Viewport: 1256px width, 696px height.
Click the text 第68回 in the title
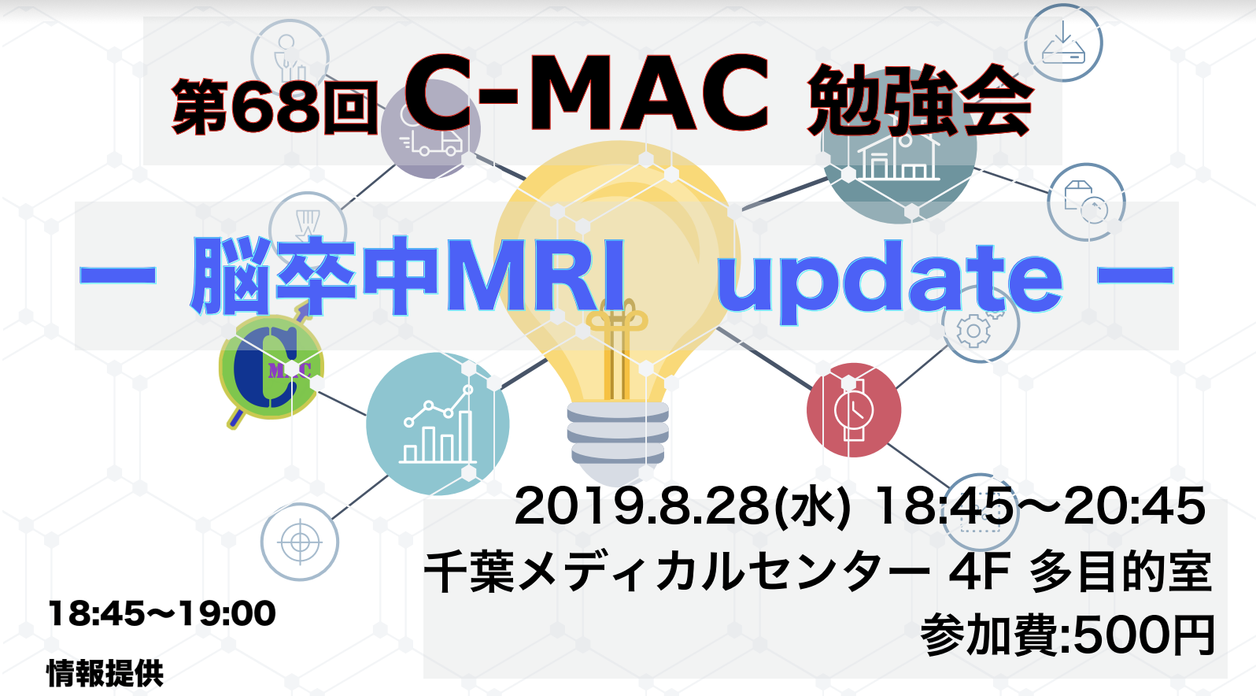pyautogui.click(x=274, y=106)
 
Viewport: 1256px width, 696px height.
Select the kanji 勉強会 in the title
pyautogui.click(x=920, y=101)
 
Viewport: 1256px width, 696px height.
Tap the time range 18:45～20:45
pyautogui.click(x=1040, y=506)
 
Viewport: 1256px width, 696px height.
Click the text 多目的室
pyautogui.click(x=1121, y=572)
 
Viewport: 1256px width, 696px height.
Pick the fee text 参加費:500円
pyautogui.click(x=1068, y=635)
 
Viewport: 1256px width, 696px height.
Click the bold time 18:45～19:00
pyautogui.click(x=162, y=613)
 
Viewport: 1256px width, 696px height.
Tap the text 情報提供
pyautogui.click(x=105, y=673)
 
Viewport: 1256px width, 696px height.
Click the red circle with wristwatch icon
pyautogui.click(x=854, y=410)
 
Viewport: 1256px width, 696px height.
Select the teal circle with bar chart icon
pyautogui.click(x=438, y=424)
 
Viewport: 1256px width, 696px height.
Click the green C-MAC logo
pyautogui.click(x=272, y=368)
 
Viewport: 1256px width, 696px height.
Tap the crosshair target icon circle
pyautogui.click(x=300, y=542)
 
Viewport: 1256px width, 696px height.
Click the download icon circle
pyautogui.click(x=1064, y=43)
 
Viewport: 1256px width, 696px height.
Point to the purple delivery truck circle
pyautogui.click(x=430, y=129)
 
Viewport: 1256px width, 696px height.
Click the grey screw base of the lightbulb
pyautogui.click(x=617, y=431)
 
